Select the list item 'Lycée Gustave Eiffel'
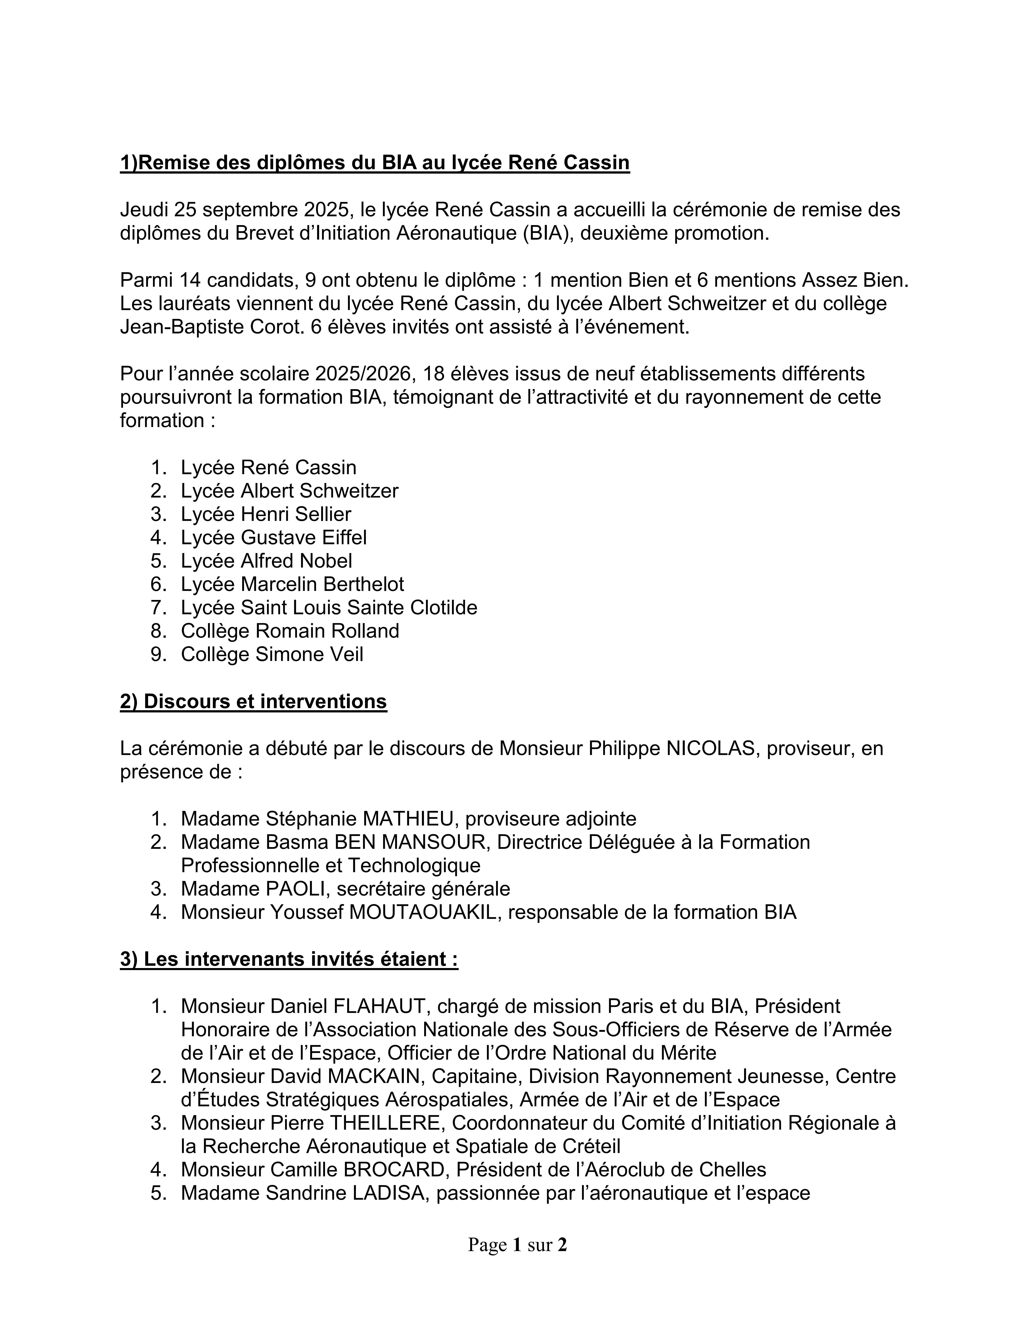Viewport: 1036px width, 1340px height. point(273,537)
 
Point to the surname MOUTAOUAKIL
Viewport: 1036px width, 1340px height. point(425,912)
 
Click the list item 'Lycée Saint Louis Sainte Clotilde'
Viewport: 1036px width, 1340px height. point(329,607)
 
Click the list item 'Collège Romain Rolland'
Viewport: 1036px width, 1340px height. point(290,631)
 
